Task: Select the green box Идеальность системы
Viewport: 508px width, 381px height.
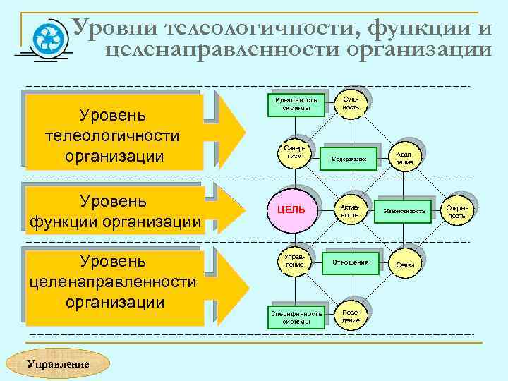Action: (296, 104)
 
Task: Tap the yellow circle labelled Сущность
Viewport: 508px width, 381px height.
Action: (351, 103)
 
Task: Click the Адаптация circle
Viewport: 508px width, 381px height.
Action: (404, 157)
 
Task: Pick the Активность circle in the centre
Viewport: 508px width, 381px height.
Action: (350, 209)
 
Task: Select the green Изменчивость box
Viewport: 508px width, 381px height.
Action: (404, 210)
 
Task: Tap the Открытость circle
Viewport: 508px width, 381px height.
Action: (458, 210)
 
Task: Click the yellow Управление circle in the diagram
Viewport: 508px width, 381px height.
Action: (294, 260)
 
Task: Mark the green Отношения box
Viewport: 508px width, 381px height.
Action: (351, 262)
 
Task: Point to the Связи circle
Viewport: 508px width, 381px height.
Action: (404, 264)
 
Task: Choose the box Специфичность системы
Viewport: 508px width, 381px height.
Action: (296, 317)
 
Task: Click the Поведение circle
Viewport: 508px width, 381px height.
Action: (351, 315)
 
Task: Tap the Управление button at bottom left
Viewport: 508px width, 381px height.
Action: (58, 364)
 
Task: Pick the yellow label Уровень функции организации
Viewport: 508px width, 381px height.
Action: (114, 210)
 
